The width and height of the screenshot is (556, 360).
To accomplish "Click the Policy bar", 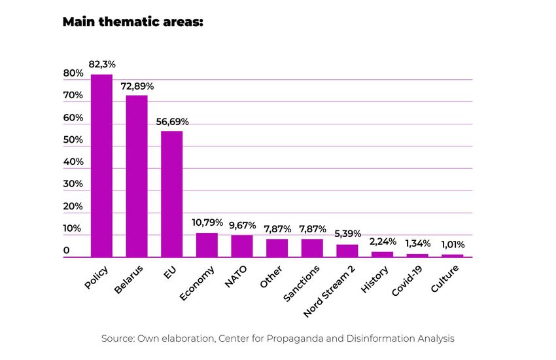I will click(101, 166).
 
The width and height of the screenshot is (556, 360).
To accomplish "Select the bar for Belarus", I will click(137, 176).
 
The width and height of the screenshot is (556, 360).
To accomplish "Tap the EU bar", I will click(171, 194).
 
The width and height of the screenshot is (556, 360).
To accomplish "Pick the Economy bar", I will click(207, 245).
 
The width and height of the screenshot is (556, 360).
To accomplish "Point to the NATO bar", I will click(242, 246).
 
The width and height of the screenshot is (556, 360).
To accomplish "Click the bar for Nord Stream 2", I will click(347, 251).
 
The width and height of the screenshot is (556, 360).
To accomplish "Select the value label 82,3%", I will click(102, 64).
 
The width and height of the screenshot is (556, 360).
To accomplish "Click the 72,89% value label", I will click(137, 86).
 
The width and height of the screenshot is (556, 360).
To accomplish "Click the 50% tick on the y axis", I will click(73, 140).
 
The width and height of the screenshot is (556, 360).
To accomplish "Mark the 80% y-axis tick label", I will click(73, 73).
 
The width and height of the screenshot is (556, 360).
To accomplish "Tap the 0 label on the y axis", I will click(66, 251).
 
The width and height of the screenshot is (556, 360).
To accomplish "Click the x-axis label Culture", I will click(445, 279).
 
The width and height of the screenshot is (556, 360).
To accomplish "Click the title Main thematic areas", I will click(133, 22).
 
